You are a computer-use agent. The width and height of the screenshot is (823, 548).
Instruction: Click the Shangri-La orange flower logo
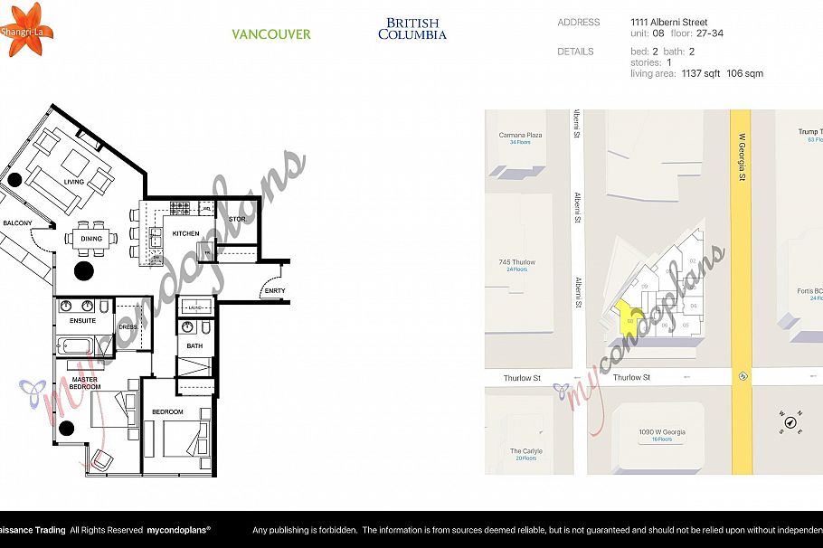[x=22, y=29]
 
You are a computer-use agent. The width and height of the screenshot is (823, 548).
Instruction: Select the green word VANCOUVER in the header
[x=270, y=34]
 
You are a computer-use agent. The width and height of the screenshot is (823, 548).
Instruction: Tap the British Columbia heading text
[x=411, y=29]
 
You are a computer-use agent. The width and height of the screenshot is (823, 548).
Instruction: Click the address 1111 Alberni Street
[x=668, y=23]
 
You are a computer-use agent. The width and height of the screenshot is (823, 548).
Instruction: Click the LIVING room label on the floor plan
[x=73, y=182]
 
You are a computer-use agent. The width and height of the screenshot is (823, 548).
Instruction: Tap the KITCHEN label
[x=185, y=233]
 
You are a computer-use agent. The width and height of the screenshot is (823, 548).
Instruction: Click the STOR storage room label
[x=237, y=219]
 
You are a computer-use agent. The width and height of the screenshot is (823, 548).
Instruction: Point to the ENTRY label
[x=274, y=290]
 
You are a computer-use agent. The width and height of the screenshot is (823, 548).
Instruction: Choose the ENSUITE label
[x=83, y=320]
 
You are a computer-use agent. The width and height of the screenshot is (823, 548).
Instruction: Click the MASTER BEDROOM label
[x=86, y=383]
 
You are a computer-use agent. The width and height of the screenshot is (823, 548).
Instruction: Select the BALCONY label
[x=17, y=222]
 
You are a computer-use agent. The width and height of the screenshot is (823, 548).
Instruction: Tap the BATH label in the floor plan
[x=194, y=345]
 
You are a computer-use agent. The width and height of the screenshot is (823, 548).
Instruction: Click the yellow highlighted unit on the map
[x=629, y=318]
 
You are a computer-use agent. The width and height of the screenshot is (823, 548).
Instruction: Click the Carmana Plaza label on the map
[x=520, y=138]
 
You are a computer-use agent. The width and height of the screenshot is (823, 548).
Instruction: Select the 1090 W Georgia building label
[x=661, y=435]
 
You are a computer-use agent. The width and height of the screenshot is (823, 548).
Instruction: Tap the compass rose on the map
[x=790, y=420]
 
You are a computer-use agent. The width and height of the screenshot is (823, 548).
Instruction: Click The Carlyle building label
[x=525, y=454]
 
